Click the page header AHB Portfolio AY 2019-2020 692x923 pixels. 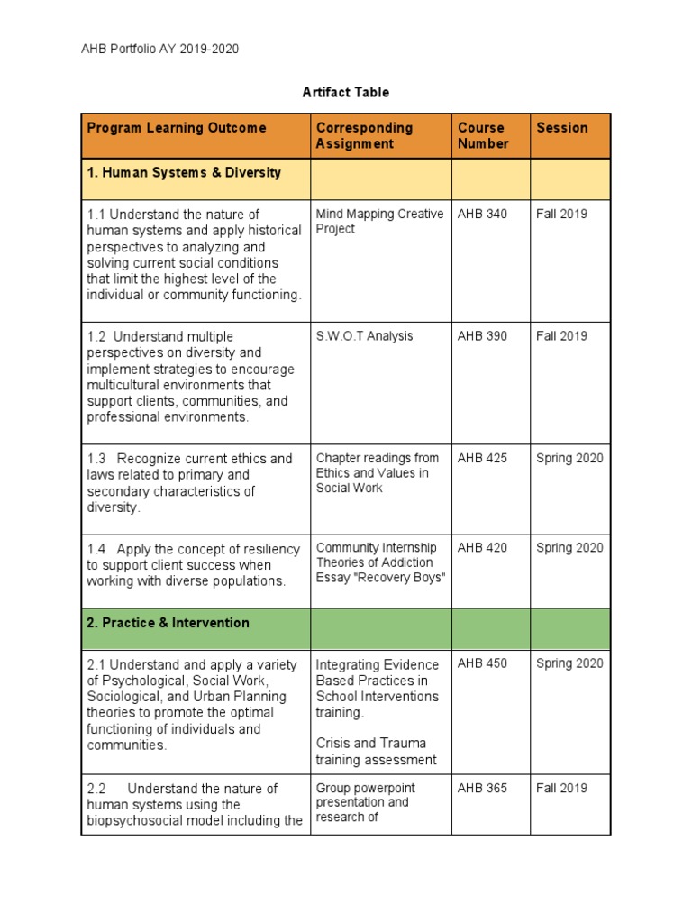pos(160,50)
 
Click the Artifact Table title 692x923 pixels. pos(345,93)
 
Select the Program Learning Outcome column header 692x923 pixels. pos(177,128)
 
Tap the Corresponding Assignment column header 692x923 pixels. pos(364,135)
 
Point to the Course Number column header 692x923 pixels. pos(483,135)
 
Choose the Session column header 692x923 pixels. pos(562,128)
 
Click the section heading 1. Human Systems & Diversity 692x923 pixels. pos(184,172)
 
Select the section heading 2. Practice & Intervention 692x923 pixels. pos(168,623)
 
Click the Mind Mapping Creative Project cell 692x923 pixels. pos(379,222)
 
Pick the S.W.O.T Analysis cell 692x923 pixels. pos(364,336)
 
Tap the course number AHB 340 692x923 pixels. pos(482,215)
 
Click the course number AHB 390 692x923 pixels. pos(482,336)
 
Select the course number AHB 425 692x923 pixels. pos(482,458)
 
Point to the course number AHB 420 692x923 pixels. pos(482,547)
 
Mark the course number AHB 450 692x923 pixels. pos(482,663)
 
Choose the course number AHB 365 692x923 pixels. pos(482,788)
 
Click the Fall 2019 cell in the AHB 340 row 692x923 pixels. pos(561,215)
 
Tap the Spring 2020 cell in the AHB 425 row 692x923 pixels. pos(569,458)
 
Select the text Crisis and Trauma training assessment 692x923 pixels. pos(376,752)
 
